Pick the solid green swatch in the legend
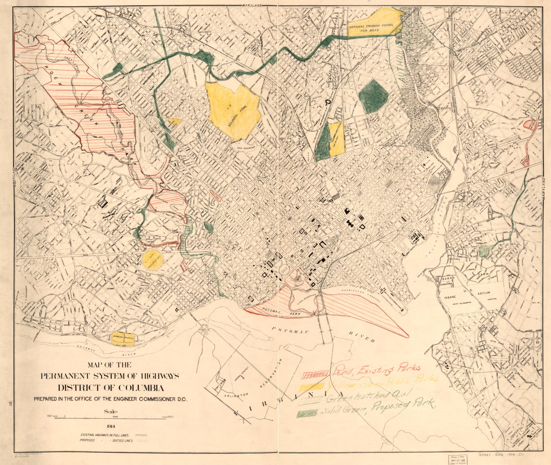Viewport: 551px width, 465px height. coord(309,421)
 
